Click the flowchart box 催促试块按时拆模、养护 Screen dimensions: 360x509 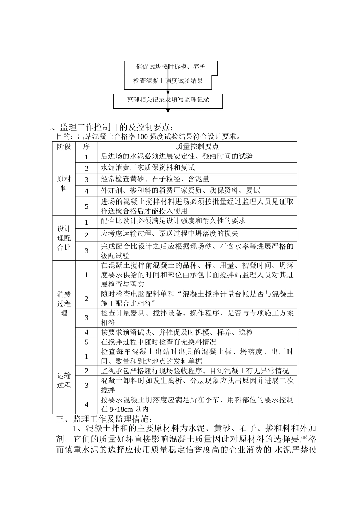[171, 67]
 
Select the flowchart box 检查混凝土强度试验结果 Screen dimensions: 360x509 [168, 81]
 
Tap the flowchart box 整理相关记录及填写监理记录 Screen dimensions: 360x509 [168, 100]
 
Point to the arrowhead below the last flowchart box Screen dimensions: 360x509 [168, 111]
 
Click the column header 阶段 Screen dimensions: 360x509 [64, 147]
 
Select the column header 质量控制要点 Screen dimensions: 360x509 [197, 147]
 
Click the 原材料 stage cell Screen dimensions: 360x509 [64, 184]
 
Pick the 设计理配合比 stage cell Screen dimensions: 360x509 [64, 238]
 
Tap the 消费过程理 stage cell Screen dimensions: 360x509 [64, 303]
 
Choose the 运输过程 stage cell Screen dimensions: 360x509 [64, 380]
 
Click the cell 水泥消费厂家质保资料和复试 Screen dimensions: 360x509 [148, 168]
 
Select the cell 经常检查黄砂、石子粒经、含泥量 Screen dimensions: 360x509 [155, 179]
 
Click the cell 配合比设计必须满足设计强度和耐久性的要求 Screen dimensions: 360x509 [173, 221]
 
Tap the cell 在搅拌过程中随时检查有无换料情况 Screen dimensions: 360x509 [164, 342]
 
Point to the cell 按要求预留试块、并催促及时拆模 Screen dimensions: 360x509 [177, 333]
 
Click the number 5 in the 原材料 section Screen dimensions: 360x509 [86, 206]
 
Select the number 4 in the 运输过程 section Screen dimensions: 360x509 [86, 404]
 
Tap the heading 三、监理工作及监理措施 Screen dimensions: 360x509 [105, 419]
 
